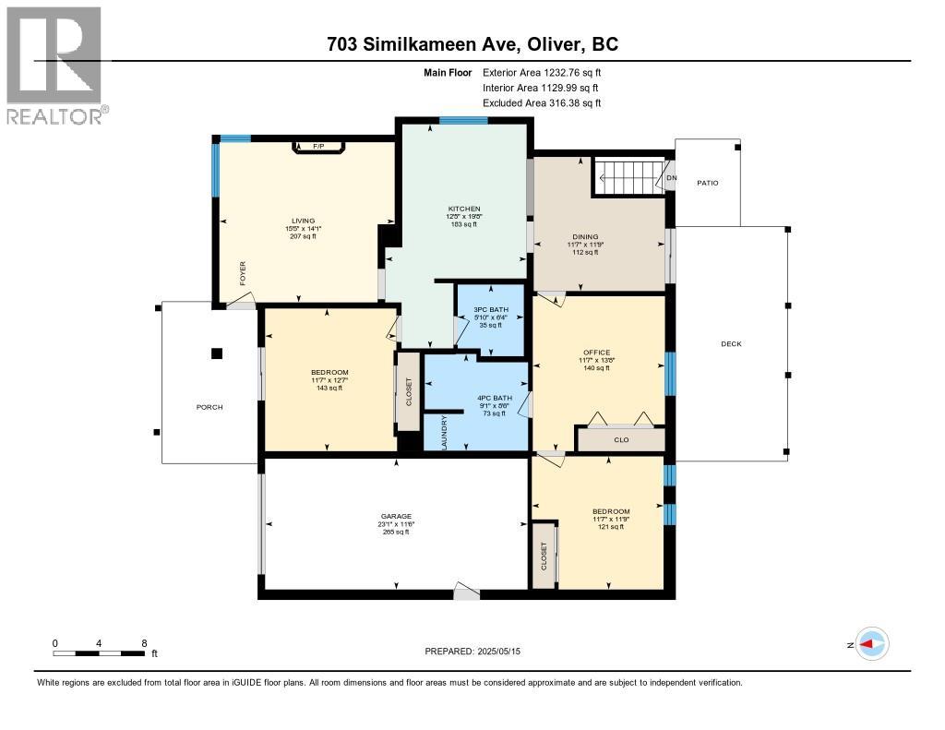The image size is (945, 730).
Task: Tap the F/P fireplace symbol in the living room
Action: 318,147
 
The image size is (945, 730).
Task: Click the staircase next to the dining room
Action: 627,176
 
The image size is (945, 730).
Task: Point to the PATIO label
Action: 707,183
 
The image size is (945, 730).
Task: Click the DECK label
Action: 731,344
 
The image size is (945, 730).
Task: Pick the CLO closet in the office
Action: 621,440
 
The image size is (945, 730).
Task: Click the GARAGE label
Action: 397,516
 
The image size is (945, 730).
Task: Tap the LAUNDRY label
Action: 444,432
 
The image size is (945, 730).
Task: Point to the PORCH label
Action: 209,407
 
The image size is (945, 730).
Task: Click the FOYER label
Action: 243,274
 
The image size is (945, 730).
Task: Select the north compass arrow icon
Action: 871,644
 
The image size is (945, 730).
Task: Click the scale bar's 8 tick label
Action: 144,642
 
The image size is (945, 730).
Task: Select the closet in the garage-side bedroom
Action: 544,554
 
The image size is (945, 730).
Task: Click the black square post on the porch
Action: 217,353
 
